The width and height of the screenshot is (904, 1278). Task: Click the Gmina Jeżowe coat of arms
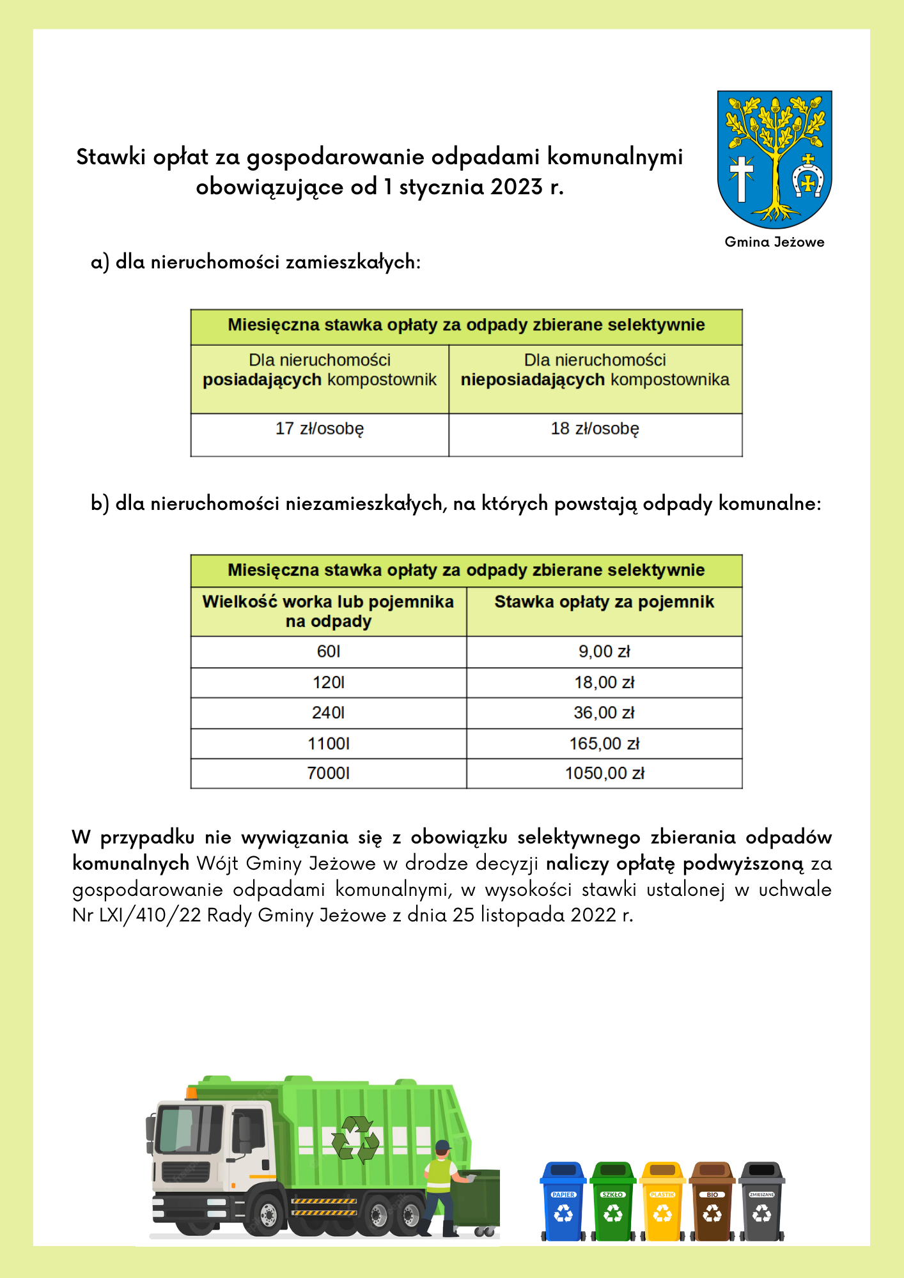[x=774, y=159]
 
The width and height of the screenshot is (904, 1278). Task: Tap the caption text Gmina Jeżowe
[x=774, y=242]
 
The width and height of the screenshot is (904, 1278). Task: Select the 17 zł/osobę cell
[x=320, y=429]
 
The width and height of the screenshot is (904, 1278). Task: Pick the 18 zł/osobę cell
[x=595, y=429]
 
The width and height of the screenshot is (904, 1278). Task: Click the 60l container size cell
[x=329, y=652]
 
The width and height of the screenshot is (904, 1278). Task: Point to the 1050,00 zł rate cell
[x=604, y=774]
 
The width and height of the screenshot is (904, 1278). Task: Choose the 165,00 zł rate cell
[x=604, y=744]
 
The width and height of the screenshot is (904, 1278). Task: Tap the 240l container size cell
[x=329, y=713]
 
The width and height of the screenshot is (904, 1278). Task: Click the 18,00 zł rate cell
[x=604, y=682]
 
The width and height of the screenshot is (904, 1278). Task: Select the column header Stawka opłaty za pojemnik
[x=604, y=602]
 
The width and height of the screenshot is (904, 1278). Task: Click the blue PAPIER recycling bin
[x=563, y=1202]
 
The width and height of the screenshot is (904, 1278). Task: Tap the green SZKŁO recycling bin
[x=612, y=1202]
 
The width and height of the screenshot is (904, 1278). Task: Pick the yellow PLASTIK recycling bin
[x=662, y=1202]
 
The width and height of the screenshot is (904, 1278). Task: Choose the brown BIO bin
[x=712, y=1202]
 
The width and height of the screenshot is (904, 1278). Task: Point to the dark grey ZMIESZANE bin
[x=761, y=1202]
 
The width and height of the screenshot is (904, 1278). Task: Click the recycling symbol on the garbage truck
[x=355, y=1139]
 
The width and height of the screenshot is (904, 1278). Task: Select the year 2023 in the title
[x=517, y=187]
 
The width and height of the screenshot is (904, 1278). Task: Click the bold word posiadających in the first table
[x=262, y=380]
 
